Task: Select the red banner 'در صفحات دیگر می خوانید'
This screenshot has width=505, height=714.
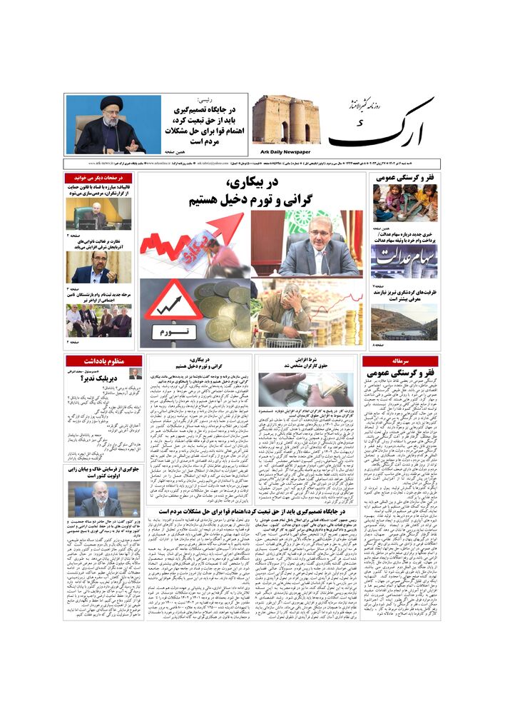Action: (x=99, y=177)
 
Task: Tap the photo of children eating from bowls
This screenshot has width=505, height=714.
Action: (x=404, y=203)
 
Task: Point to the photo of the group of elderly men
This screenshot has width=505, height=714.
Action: (x=99, y=321)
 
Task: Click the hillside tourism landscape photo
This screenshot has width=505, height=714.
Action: (x=404, y=322)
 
